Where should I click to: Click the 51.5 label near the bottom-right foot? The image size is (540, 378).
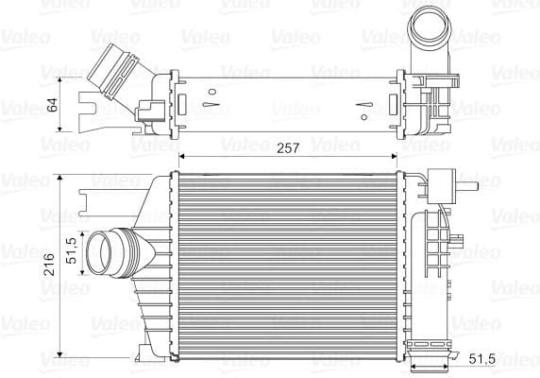tap(481, 358)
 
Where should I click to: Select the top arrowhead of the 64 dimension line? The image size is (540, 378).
tap(61, 74)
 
